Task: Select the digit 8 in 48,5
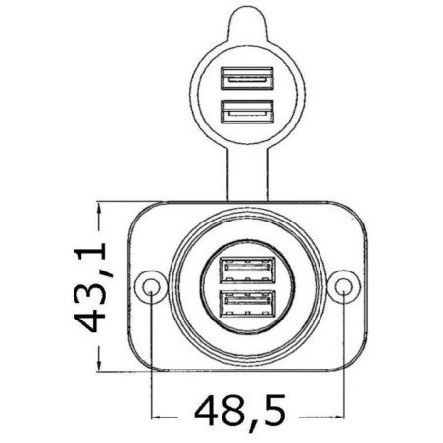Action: [x=226, y=406]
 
